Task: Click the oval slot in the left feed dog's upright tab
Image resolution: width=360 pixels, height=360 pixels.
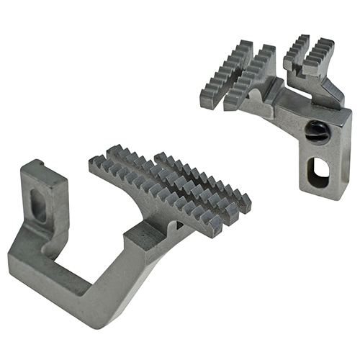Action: (40, 210)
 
